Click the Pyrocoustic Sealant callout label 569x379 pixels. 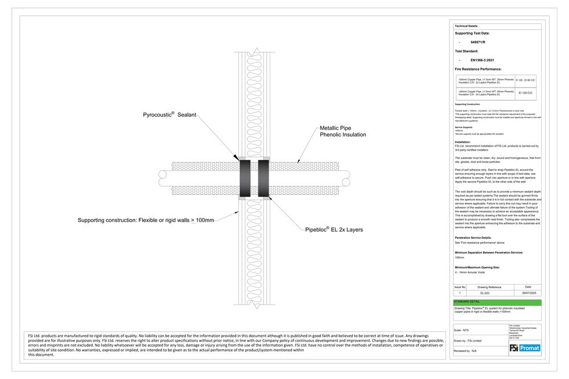(x=169, y=115)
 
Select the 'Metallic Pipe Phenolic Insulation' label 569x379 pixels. (x=342, y=132)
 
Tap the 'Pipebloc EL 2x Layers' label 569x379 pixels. (x=334, y=230)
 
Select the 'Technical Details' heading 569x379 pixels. (x=466, y=26)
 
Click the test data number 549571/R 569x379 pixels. (x=478, y=42)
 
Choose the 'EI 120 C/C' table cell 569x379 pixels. (x=525, y=92)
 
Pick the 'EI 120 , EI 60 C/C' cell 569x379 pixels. (x=525, y=81)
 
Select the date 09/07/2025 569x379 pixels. (x=528, y=293)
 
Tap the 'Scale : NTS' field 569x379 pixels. (x=462, y=330)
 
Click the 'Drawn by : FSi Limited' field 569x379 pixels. (x=468, y=340)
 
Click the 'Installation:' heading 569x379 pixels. (x=463, y=142)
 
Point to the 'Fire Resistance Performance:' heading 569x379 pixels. (x=478, y=68)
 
